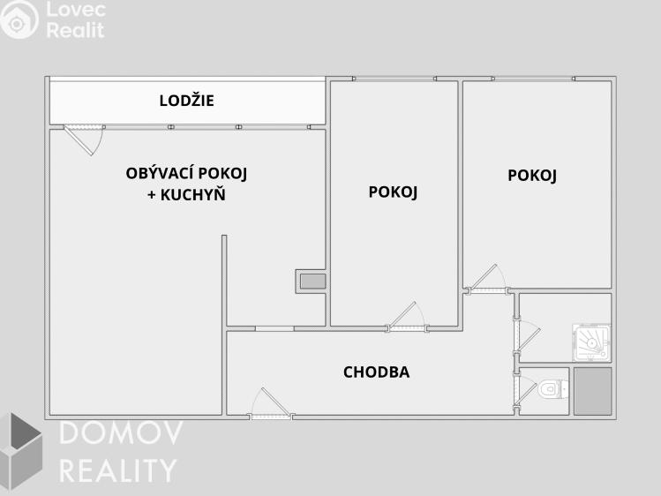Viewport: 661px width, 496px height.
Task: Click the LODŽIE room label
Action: point(186,101)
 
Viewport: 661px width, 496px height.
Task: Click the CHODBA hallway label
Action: point(376,372)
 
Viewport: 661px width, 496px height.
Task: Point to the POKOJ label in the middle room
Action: point(393,192)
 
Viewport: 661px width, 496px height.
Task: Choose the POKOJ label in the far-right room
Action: point(532,176)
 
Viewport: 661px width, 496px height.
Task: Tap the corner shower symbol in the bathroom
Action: point(591,342)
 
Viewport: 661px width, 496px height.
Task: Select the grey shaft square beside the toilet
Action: point(592,391)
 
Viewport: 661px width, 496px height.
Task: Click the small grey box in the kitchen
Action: point(312,282)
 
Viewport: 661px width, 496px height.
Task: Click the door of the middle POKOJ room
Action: point(405,317)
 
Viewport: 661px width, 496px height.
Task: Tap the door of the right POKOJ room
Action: point(486,280)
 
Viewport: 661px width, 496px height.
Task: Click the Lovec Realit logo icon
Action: point(19,19)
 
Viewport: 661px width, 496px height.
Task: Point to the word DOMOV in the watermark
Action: point(120,434)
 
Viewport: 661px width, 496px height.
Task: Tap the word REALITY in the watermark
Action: point(117,470)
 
